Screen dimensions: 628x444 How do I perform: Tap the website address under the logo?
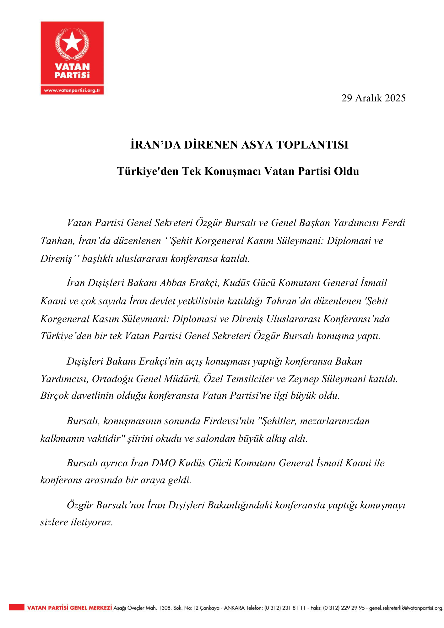coord(72,90)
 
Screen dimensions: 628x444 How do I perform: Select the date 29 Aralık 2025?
coord(373,98)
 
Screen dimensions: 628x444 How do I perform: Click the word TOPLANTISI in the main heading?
coord(312,145)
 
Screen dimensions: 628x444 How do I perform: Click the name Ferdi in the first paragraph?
coord(393,223)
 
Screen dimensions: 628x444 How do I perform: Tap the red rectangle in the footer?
coord(16,608)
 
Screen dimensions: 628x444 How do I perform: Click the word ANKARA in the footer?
coord(234,608)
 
